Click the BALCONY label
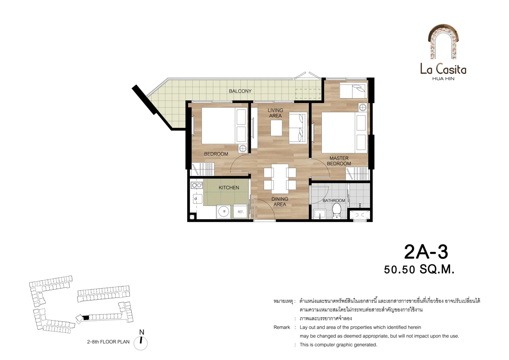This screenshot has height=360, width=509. click(x=240, y=91)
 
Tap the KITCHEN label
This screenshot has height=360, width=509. click(x=229, y=188)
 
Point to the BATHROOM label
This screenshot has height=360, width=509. click(x=334, y=200)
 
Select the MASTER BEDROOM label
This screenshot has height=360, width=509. click(x=339, y=161)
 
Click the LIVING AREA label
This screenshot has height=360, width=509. click(x=275, y=113)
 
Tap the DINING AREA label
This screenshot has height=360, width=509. click(x=280, y=202)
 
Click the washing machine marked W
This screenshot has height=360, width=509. click(x=224, y=211)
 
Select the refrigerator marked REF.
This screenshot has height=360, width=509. click(x=240, y=211)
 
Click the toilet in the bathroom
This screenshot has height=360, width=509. click(x=337, y=211)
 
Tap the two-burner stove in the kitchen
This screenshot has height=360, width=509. click(x=197, y=185)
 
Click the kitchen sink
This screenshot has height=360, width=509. click(x=197, y=198)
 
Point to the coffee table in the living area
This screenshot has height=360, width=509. click(x=276, y=128)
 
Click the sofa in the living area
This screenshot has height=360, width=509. click(x=298, y=128)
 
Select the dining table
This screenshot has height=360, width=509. click(x=280, y=179)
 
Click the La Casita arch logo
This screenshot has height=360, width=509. click(x=443, y=42)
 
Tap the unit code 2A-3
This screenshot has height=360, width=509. click(x=426, y=252)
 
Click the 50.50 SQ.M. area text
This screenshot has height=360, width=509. click(x=419, y=269)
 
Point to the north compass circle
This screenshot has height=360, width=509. click(x=141, y=343)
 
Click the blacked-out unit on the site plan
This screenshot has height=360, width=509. click(x=86, y=318)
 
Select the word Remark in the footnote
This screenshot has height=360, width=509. click(x=282, y=327)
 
